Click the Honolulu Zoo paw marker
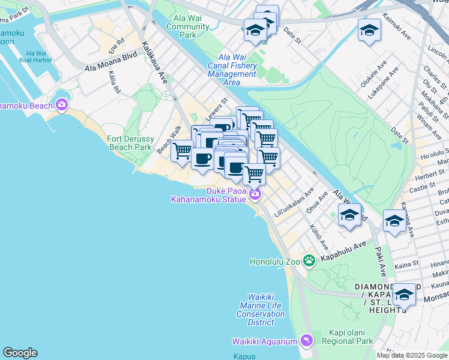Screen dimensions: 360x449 [309, 260]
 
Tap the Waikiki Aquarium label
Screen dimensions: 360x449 [265, 341]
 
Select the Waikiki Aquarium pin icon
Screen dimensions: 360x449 [307, 341]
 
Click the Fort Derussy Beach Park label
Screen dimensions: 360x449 [130, 143]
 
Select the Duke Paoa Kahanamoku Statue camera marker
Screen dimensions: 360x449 [256, 194]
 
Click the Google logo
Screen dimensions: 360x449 [20, 353]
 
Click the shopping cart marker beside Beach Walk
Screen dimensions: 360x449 [181, 151]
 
